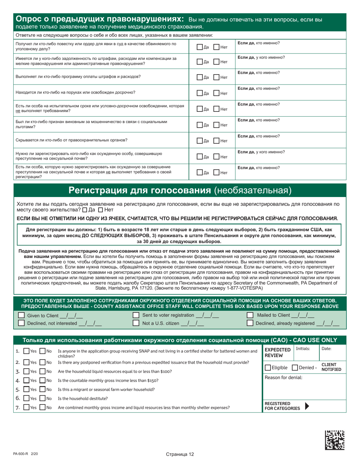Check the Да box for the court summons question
point(200,47)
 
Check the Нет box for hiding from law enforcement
point(216,141)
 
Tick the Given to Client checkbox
point(21,316)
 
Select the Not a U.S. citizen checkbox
point(136,323)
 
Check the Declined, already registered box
point(250,323)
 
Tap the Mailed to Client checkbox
point(250,316)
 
